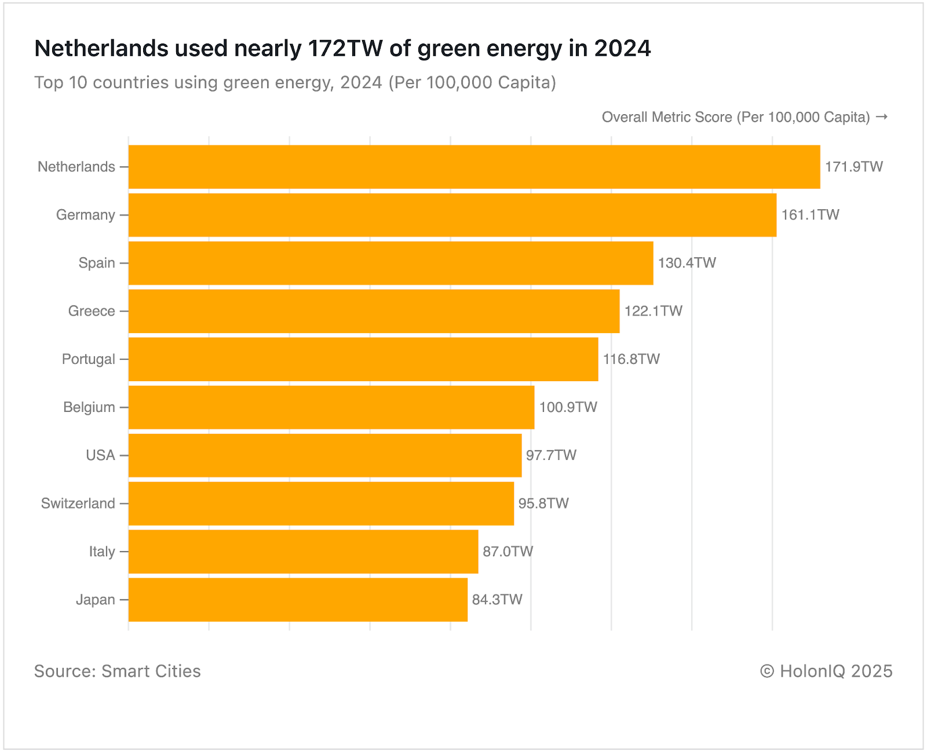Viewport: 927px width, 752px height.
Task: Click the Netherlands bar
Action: (x=474, y=167)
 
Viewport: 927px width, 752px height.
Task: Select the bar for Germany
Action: (x=452, y=215)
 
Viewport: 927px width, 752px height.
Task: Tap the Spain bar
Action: (x=390, y=263)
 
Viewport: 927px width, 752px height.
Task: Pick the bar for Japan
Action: (x=298, y=600)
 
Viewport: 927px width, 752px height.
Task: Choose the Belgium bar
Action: (x=331, y=407)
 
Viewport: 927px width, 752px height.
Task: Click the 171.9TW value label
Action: (x=853, y=167)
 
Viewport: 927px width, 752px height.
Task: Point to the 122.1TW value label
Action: (x=653, y=311)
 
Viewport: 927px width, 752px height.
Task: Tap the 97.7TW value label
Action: (x=551, y=455)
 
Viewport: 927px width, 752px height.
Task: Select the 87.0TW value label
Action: (x=508, y=552)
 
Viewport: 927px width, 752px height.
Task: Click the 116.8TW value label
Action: (x=631, y=359)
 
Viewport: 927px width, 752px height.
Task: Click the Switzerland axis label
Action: (x=78, y=503)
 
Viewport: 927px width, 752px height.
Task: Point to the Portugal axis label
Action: (x=88, y=359)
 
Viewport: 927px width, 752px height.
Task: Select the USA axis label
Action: (x=100, y=455)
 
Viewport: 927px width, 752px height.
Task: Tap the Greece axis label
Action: (x=92, y=311)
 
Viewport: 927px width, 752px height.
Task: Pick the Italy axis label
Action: (x=102, y=552)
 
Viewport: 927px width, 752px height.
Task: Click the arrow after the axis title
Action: (x=881, y=117)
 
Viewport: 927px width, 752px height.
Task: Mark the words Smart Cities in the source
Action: (x=151, y=671)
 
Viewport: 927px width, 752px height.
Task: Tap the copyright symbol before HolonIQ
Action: (x=767, y=671)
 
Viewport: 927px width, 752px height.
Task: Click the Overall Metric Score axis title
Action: (x=735, y=117)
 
